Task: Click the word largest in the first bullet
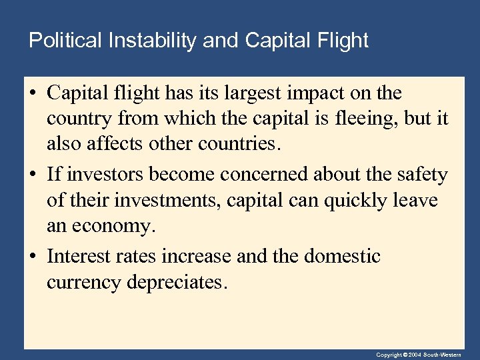click(249, 93)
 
